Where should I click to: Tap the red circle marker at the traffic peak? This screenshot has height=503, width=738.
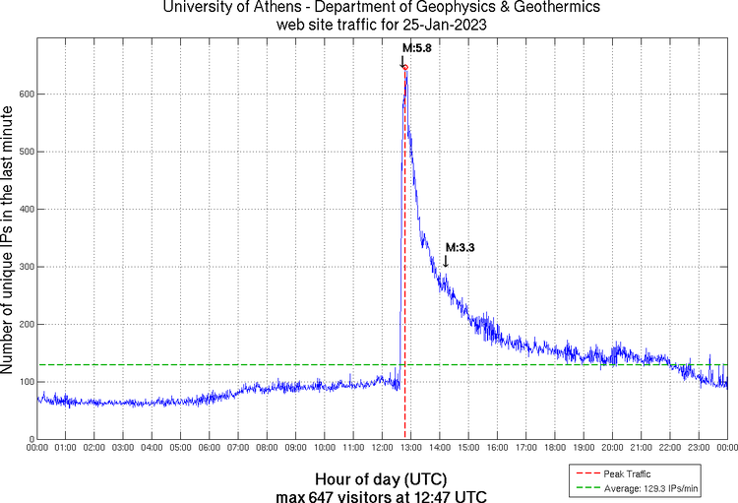coord(405,67)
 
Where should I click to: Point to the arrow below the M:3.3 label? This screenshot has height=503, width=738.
coord(446,261)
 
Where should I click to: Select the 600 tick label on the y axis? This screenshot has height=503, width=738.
coord(24,94)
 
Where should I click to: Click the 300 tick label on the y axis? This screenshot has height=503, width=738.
coord(24,267)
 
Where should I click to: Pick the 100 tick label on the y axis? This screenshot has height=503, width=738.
coord(24,382)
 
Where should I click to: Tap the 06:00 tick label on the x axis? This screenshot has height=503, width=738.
coord(210,448)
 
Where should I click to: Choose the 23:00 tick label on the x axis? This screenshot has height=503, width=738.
coord(699,448)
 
